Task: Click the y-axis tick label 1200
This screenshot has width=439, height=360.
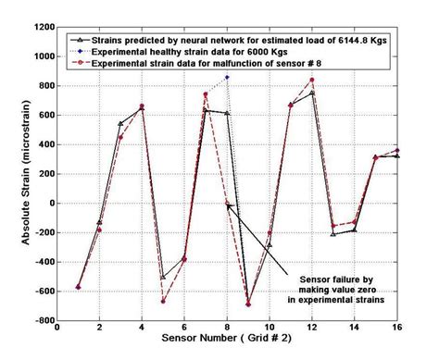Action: tap(40, 27)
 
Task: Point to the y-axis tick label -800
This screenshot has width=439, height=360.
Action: tap(42, 321)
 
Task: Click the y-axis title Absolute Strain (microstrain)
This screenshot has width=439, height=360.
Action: tap(13, 174)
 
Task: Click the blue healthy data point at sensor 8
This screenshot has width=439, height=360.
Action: tap(227, 78)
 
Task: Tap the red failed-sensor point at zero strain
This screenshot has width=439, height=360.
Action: tap(227, 204)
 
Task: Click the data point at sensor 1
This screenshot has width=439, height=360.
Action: tap(79, 287)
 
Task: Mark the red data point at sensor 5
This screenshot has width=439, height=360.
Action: tap(163, 302)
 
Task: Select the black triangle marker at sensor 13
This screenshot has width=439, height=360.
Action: tap(333, 234)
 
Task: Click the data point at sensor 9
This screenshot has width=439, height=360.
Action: tap(248, 304)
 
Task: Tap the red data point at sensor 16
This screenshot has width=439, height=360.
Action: tap(396, 150)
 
